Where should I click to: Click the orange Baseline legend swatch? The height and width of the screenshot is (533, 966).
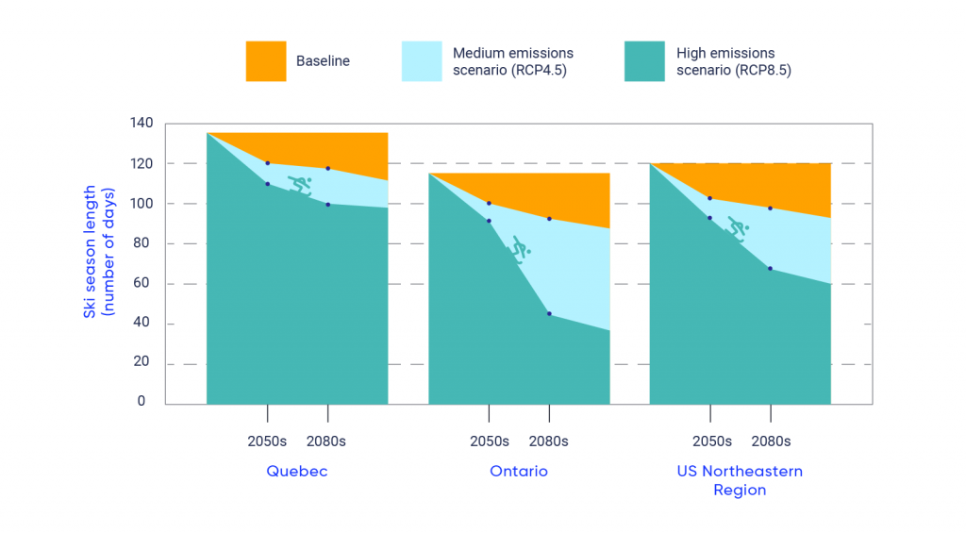(265, 61)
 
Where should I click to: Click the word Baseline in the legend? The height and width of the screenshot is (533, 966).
(323, 61)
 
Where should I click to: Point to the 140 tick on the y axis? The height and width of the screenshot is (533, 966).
(141, 124)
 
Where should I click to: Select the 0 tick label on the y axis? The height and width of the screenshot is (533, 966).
(142, 401)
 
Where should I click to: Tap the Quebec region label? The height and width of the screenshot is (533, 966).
(297, 471)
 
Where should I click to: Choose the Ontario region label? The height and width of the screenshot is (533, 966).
(519, 471)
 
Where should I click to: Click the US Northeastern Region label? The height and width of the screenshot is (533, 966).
(740, 480)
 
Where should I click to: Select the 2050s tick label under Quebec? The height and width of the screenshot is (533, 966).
(268, 441)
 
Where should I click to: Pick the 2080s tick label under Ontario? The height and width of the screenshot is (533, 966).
(548, 441)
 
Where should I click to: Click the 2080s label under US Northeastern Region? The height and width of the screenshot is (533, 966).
(771, 441)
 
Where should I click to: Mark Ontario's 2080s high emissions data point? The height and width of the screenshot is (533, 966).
(549, 313)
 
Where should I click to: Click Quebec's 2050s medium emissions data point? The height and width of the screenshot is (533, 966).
(268, 163)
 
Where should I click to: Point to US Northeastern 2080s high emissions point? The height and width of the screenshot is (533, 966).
(770, 269)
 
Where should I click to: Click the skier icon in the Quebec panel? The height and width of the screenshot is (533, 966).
(299, 184)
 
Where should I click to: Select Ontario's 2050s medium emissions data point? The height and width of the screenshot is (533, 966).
(489, 203)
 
